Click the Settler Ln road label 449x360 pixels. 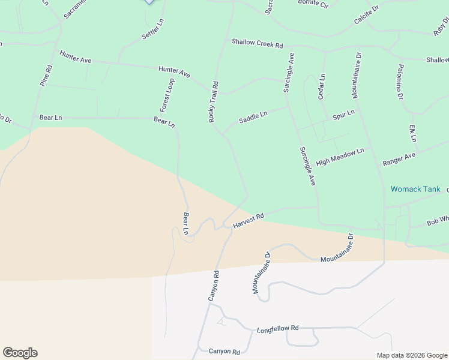(152, 30)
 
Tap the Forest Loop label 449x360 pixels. (167, 95)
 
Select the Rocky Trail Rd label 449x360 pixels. (213, 102)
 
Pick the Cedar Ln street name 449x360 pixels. (322, 87)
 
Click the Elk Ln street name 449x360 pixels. (413, 133)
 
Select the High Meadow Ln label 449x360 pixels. (340, 157)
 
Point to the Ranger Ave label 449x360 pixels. (399, 160)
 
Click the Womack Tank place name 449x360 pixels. (415, 189)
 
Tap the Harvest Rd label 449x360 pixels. (249, 221)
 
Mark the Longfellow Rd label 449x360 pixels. (277, 329)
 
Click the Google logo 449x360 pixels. (20, 353)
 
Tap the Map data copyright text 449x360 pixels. (412, 355)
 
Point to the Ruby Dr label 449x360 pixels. (441, 26)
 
